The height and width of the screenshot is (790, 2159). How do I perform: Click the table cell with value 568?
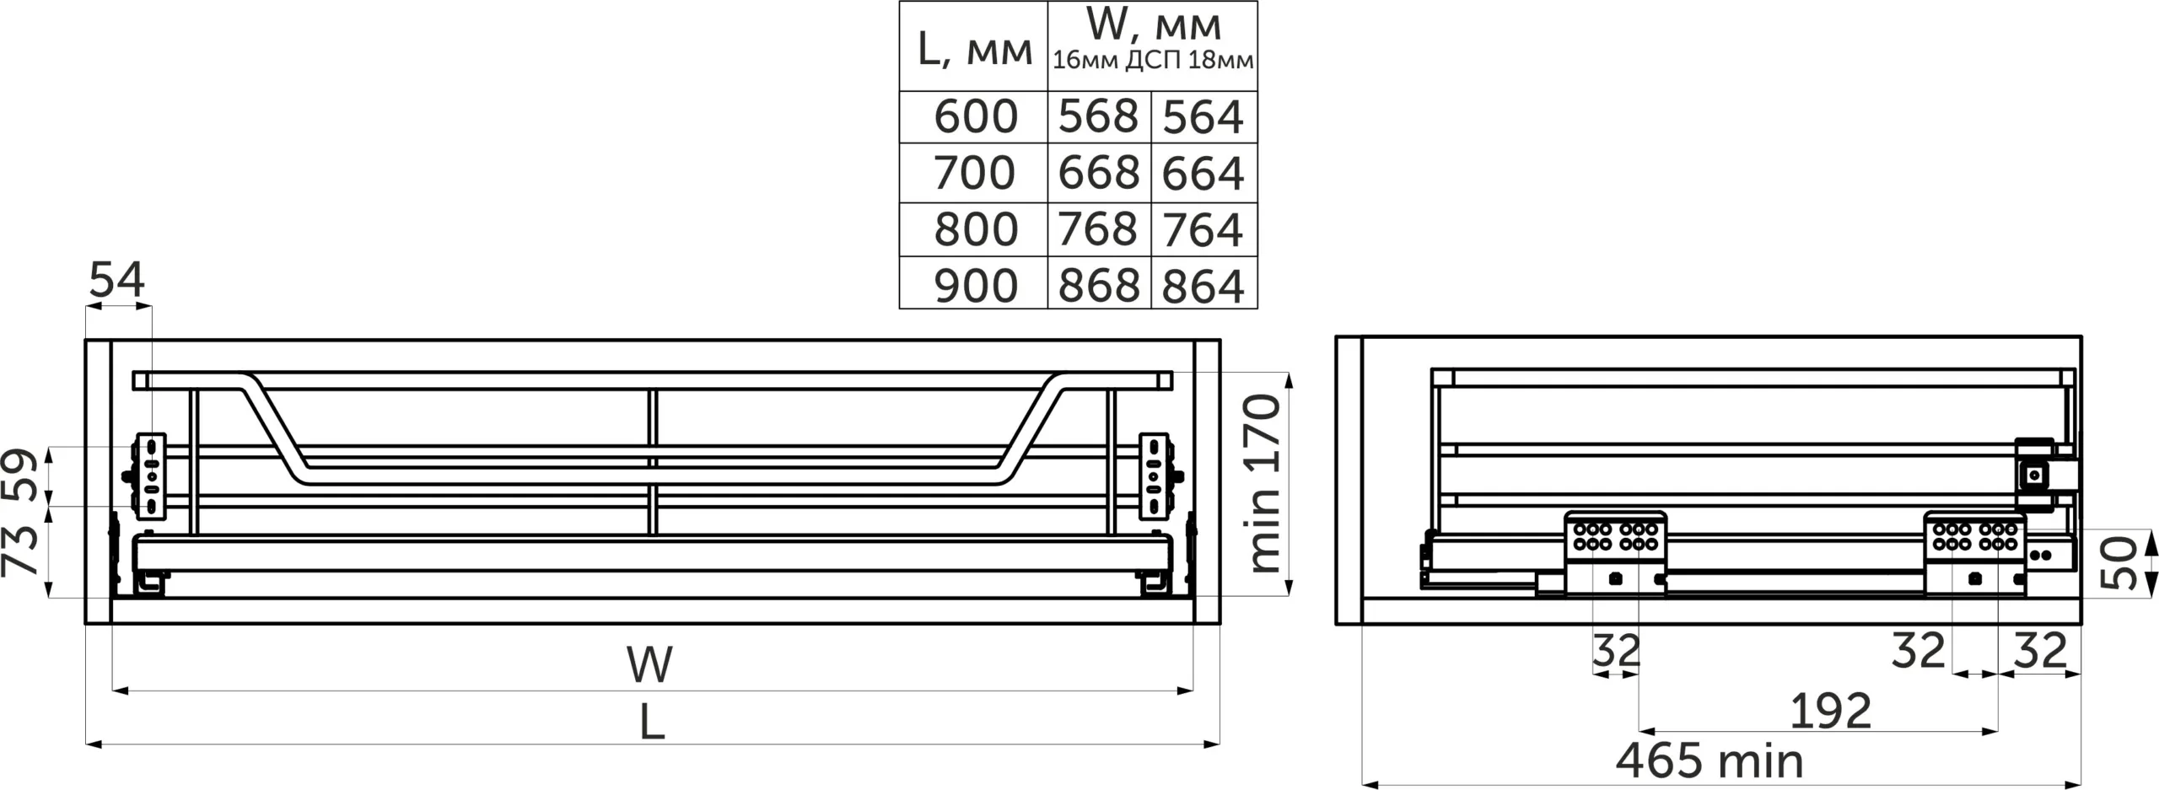(1098, 116)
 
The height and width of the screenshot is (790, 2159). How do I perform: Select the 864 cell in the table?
(1203, 286)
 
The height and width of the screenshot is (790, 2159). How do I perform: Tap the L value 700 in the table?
(974, 173)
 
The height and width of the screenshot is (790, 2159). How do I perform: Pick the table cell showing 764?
(1203, 229)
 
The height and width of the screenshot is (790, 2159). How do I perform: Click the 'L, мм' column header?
(974, 49)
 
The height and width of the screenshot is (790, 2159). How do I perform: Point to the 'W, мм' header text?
(1154, 25)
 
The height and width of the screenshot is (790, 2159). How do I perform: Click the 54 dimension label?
(117, 280)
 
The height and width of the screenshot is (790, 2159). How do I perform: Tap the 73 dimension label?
(21, 550)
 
